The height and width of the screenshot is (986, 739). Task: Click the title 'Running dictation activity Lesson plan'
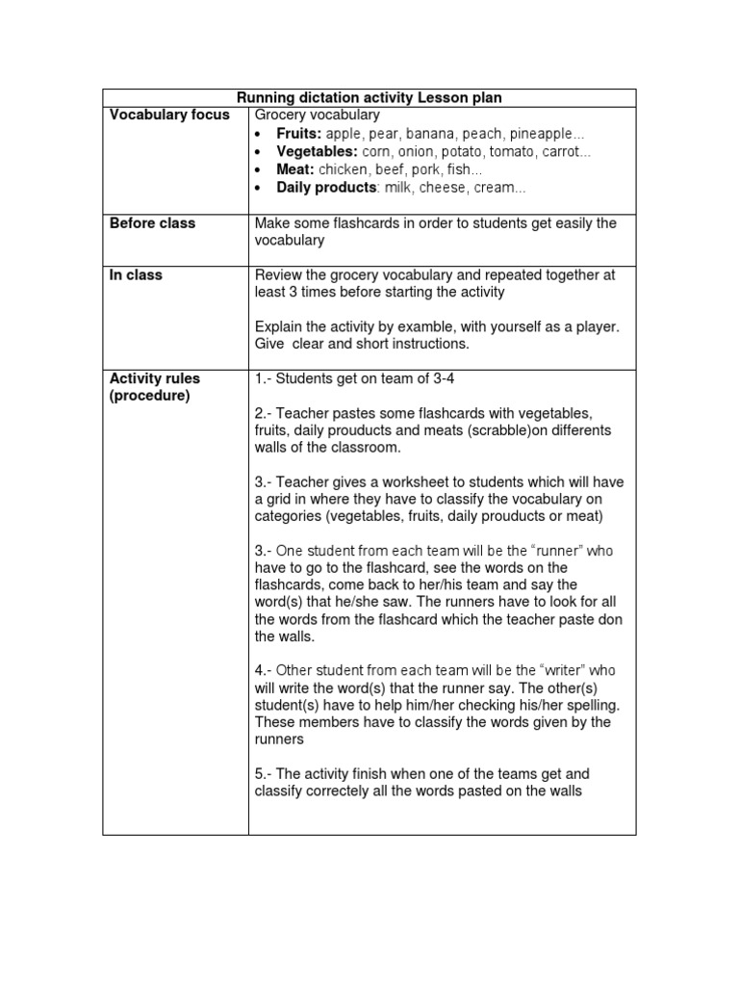(369, 97)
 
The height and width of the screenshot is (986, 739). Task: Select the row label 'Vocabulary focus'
(169, 116)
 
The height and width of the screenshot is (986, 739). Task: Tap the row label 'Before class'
(152, 223)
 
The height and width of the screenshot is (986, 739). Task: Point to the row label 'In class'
(136, 275)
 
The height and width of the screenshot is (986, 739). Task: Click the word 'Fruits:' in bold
(299, 133)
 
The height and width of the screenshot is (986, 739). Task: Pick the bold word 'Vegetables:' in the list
(318, 151)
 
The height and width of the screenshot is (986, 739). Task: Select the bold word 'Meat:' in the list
(295, 169)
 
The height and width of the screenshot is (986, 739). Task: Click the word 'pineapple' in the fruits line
(543, 133)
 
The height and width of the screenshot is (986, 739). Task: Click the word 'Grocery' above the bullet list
(280, 116)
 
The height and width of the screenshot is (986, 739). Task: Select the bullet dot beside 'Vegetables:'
(260, 152)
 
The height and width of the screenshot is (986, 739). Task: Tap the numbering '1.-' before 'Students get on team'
(265, 378)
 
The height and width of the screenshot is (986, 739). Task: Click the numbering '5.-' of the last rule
(265, 774)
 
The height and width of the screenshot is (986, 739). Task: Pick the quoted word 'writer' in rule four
(562, 670)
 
